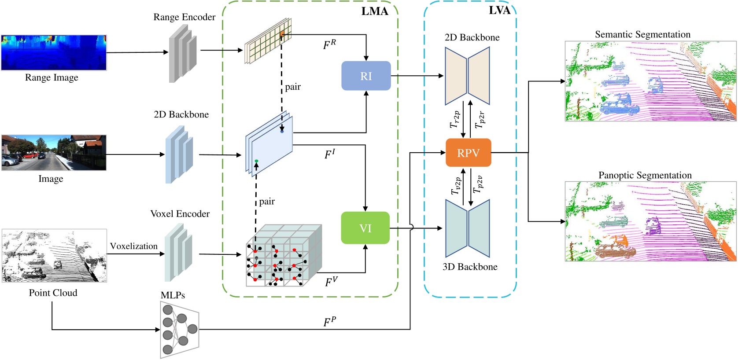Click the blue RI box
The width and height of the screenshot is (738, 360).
(366, 76)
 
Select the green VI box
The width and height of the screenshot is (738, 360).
(365, 228)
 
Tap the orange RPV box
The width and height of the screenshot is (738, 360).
(468, 153)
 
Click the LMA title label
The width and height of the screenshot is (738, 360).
(375, 11)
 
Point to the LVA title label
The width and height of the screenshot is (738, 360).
(499, 11)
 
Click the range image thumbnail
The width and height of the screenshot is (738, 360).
(54, 53)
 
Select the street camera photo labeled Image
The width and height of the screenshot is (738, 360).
(54, 152)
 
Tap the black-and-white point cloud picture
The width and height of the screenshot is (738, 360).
(54, 255)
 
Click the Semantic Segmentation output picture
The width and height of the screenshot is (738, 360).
(650, 81)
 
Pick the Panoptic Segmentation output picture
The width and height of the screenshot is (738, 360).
(650, 221)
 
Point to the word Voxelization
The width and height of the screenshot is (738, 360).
(133, 246)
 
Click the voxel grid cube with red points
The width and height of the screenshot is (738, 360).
(284, 256)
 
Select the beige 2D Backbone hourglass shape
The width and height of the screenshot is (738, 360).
(467, 76)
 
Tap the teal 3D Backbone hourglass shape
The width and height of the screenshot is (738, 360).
(467, 228)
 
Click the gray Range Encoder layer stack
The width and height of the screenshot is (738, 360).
(182, 53)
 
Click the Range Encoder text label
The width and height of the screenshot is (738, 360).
(184, 17)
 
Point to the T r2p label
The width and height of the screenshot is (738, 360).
(455, 119)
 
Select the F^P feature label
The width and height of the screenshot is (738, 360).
(329, 322)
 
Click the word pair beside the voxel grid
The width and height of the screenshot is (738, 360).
(267, 202)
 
